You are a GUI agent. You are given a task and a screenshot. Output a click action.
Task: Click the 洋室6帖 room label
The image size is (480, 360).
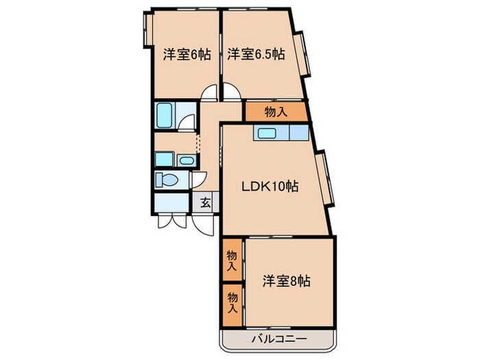click(187, 55)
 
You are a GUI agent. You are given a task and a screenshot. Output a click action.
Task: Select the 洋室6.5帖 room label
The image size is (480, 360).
click(256, 55)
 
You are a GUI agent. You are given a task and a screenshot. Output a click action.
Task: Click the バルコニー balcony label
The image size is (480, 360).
click(278, 339)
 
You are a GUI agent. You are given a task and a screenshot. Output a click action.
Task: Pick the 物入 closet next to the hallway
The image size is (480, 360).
click(276, 111)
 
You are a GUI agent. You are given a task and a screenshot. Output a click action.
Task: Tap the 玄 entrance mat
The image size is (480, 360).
click(205, 202)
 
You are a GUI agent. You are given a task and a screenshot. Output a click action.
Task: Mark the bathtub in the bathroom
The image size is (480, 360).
click(165, 115)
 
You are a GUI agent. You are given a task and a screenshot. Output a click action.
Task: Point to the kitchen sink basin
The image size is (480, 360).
click(268, 133)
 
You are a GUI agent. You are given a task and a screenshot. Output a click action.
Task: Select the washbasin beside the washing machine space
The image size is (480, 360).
click(185, 160)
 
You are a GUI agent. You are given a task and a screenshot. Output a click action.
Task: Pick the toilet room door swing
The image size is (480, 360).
click(198, 180)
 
